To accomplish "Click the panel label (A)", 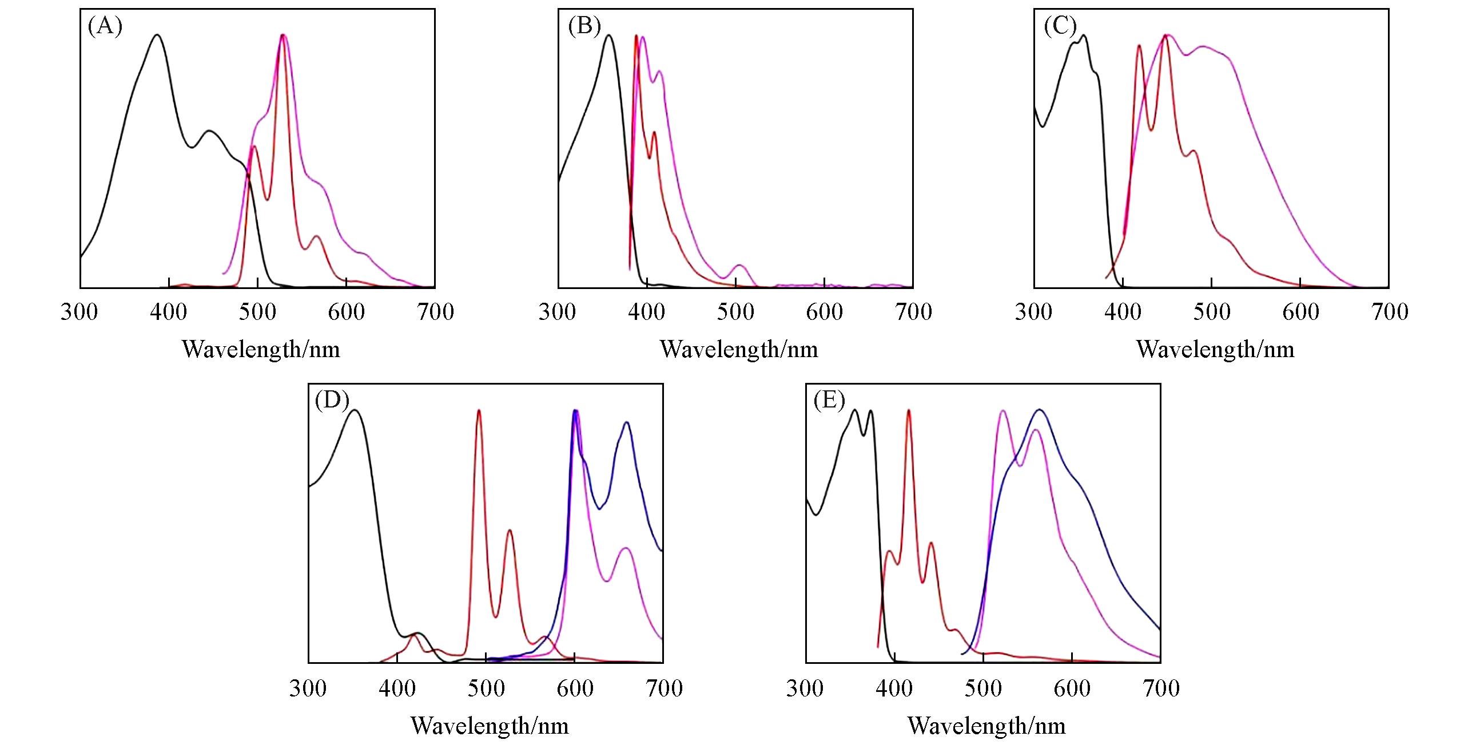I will click(105, 26).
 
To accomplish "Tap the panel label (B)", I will click(584, 26).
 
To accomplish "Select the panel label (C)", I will click(1060, 26).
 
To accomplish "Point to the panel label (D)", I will click(332, 401).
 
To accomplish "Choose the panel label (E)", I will click(829, 401).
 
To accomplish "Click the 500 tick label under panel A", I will click(257, 312).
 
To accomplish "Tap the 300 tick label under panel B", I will click(558, 312).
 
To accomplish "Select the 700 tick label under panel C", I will click(1390, 312).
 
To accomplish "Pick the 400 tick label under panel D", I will click(397, 688).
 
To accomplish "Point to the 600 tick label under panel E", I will click(1072, 688).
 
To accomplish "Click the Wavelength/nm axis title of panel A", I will click(261, 349).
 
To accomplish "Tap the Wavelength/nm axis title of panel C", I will click(1215, 349).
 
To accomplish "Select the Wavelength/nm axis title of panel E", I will click(986, 726).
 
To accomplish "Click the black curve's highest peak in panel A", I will click(157, 35).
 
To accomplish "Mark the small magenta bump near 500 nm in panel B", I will click(739, 266).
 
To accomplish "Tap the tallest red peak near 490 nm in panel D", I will click(479, 410).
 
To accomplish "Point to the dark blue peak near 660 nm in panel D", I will click(627, 423).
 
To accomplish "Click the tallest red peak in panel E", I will click(908, 410).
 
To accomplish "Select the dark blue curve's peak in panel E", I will click(1039, 410).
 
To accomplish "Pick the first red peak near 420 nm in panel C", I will click(1139, 46).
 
